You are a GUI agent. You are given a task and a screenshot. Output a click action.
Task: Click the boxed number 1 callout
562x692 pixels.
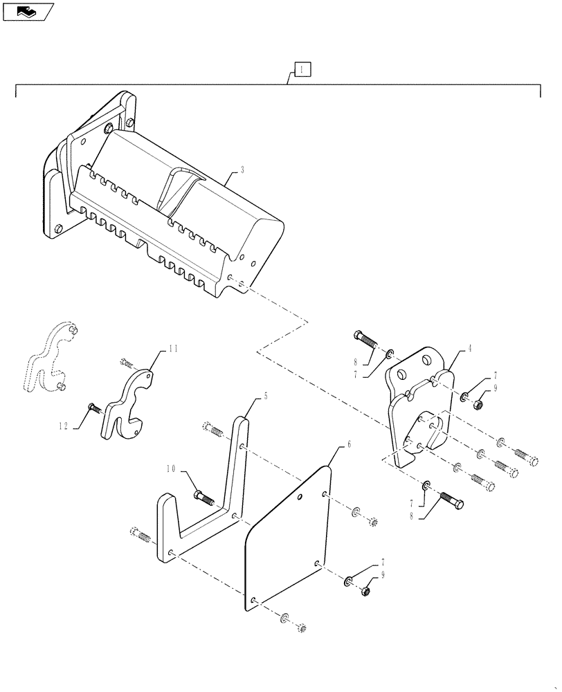pos(302,69)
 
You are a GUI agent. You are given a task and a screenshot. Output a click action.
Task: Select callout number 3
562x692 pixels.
pos(242,169)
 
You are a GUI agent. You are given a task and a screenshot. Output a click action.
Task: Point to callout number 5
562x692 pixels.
pos(265,397)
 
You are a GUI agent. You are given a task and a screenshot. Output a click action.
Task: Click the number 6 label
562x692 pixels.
pos(349,444)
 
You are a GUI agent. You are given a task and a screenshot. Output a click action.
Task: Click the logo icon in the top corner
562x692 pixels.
pos(28,11)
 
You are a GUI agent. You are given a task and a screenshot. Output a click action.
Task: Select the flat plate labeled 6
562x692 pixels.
pos(287,540)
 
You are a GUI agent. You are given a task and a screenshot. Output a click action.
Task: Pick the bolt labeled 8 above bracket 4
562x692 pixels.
pos(367,340)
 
